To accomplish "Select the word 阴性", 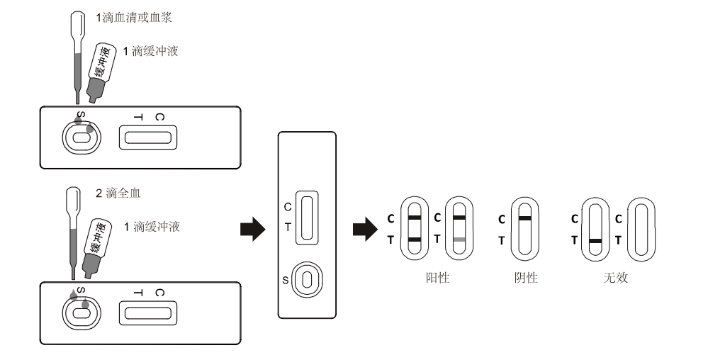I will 525,278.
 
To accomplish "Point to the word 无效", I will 614,278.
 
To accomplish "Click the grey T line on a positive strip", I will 459,241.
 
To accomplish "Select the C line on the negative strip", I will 525,218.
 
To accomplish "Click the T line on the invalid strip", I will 596,241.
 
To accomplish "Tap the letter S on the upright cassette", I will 286,279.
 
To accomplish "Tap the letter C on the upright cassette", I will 287,207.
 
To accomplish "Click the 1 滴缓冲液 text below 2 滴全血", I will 152,227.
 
